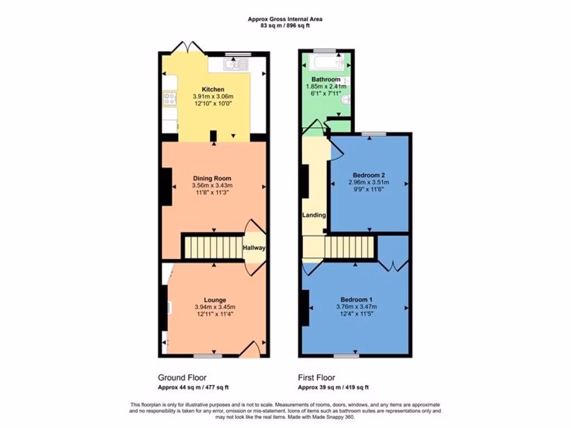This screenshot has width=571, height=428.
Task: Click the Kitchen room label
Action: (213, 89)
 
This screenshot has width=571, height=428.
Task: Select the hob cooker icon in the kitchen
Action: (169, 99)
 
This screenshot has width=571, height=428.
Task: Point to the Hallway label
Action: (254, 248)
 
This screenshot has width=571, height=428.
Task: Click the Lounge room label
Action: (215, 300)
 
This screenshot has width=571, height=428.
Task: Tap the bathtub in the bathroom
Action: (326, 61)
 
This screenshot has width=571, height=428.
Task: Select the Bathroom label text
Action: (326, 80)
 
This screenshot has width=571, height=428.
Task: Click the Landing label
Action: (314, 215)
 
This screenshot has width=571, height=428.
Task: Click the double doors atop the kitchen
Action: (185, 48)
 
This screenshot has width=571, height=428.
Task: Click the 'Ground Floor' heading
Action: (182, 377)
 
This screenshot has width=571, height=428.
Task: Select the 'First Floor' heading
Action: (316, 377)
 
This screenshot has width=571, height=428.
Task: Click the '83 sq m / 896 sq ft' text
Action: (285, 25)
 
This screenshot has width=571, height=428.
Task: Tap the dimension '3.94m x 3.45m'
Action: (215, 307)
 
